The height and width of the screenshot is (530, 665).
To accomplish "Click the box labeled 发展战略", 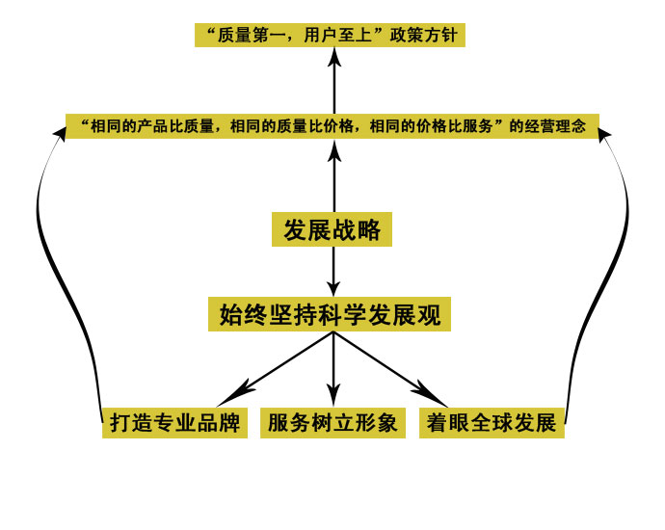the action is click(332, 229).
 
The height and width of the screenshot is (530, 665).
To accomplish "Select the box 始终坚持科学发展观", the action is click(330, 314).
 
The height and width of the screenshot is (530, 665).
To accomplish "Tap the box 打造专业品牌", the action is click(174, 423).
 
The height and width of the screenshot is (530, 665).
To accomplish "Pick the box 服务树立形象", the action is click(332, 423).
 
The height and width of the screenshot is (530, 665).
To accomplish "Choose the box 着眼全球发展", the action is click(492, 423).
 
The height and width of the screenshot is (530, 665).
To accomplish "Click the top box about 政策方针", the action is click(330, 36).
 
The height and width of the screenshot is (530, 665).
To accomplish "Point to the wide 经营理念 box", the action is click(332, 126).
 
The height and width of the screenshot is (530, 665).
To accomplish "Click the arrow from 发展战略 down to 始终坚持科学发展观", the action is click(333, 272).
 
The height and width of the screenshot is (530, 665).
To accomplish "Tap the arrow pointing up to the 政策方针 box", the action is click(334, 80).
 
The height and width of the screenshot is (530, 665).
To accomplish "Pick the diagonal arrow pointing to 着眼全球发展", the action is click(390, 369).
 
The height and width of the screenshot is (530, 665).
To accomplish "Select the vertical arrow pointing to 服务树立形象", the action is click(333, 369).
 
